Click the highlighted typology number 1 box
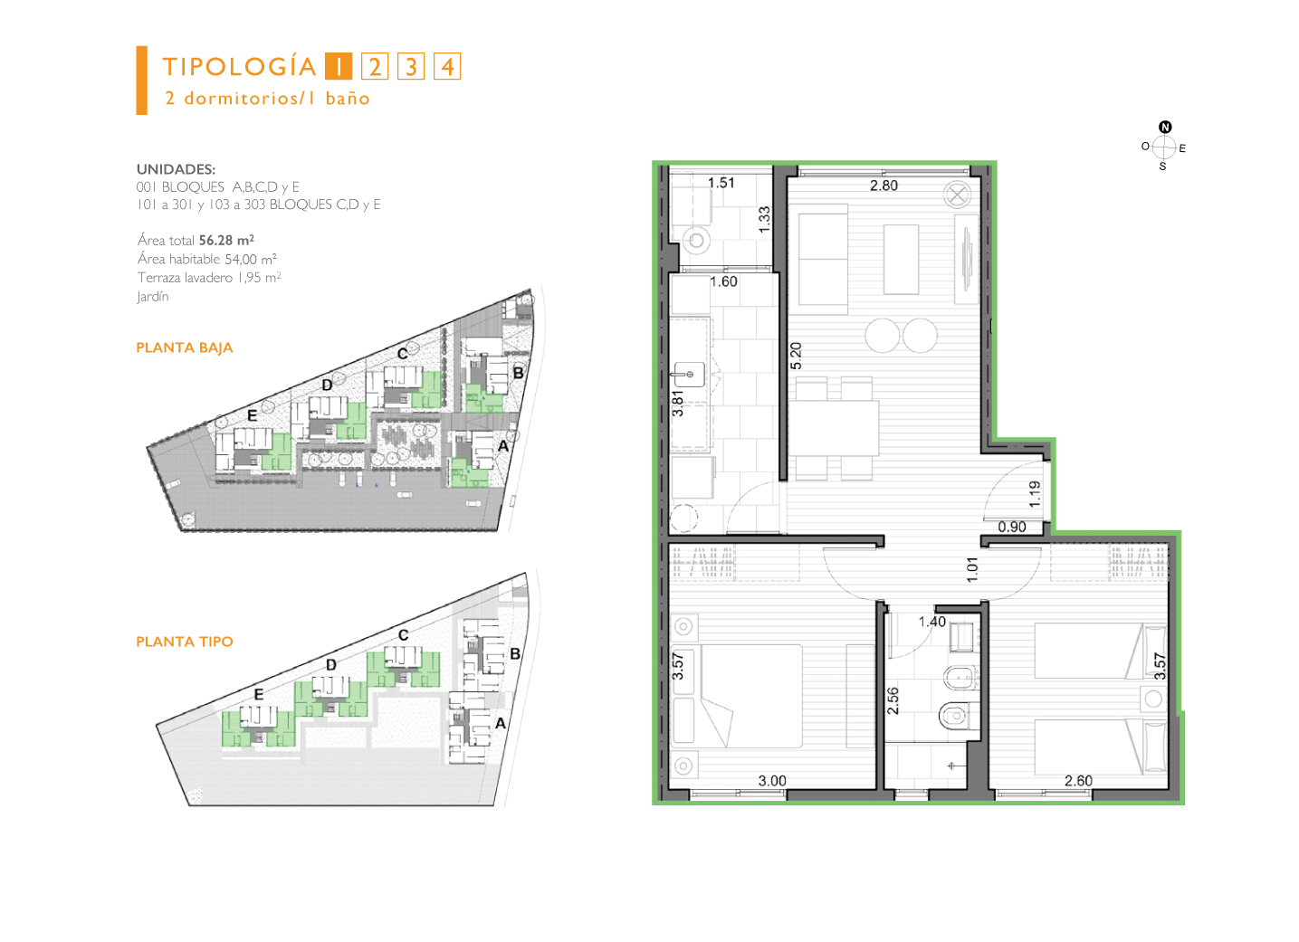click(338, 66)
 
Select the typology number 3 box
click(411, 66)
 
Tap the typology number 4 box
click(447, 66)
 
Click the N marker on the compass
click(1165, 127)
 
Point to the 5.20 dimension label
click(796, 356)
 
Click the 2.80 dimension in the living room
click(884, 186)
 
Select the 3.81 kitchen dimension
click(678, 404)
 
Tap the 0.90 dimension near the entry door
click(1012, 527)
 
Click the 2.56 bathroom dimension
click(893, 701)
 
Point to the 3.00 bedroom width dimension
click(772, 781)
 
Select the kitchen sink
click(690, 375)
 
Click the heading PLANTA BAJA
click(185, 347)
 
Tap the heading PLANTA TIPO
click(185, 642)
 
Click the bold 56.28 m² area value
click(226, 240)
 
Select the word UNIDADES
click(176, 169)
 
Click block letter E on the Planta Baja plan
click(252, 415)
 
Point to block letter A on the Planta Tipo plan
click(501, 723)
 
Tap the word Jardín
click(153, 296)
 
